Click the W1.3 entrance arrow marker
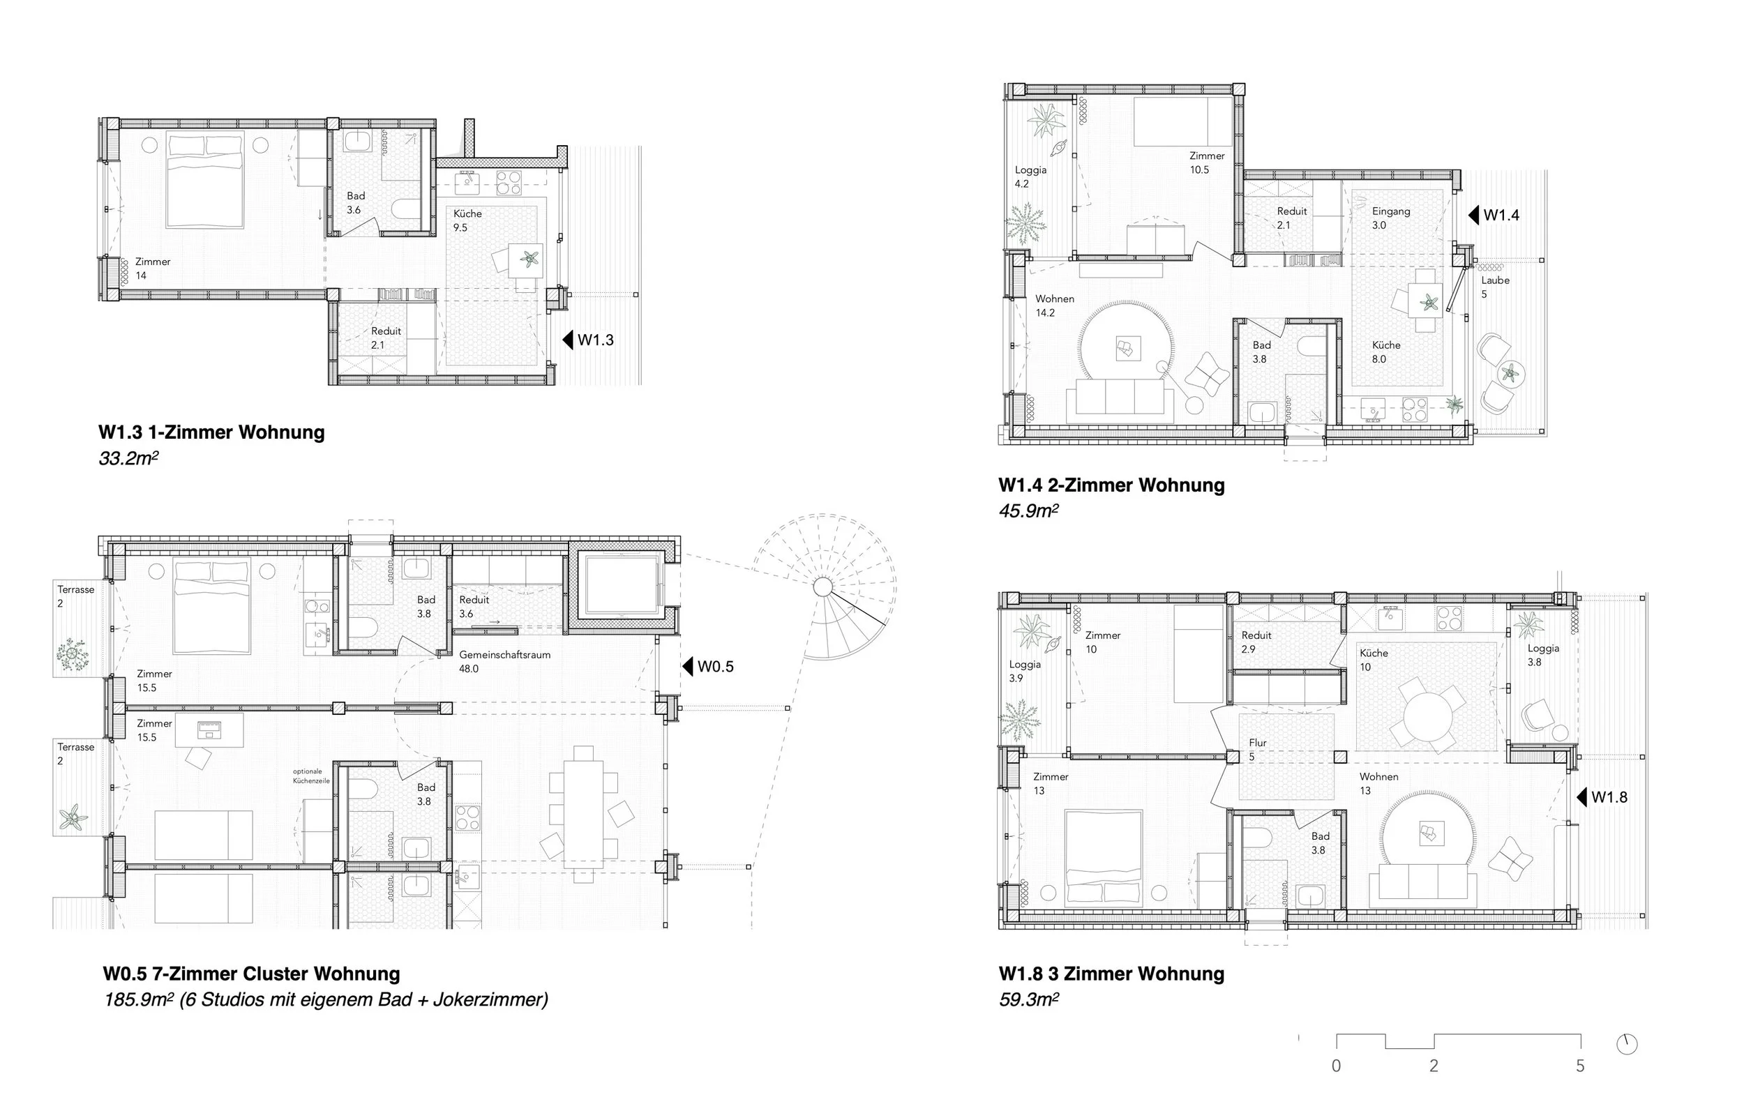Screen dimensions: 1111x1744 [568, 340]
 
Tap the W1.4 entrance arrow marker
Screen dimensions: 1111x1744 [1473, 215]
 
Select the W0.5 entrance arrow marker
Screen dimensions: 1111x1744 [688, 666]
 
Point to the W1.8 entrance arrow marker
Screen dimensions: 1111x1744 [1581, 797]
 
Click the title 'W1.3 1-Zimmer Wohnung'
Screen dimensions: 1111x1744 [211, 432]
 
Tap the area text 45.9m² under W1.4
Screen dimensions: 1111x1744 [1028, 511]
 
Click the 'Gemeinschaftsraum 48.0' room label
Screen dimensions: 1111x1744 [504, 661]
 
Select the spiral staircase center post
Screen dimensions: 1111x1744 [822, 587]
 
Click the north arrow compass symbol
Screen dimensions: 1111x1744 [1627, 1044]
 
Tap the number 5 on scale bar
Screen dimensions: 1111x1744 [1579, 1066]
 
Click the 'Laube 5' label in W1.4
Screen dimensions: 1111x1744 [1495, 287]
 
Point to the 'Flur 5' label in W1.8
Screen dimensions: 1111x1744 [1257, 750]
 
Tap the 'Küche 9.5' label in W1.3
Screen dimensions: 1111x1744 [467, 220]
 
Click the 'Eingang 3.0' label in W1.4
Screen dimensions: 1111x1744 [1390, 218]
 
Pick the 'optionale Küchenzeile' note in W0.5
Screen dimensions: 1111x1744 [310, 776]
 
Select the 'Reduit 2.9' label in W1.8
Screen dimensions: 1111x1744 [1256, 642]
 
